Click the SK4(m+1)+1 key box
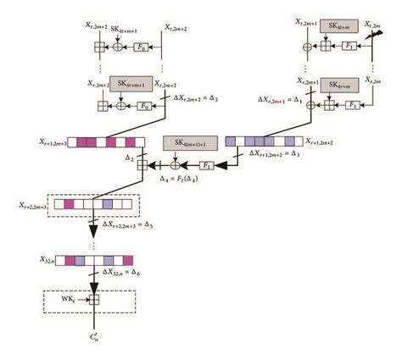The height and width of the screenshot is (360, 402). click(x=190, y=141)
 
